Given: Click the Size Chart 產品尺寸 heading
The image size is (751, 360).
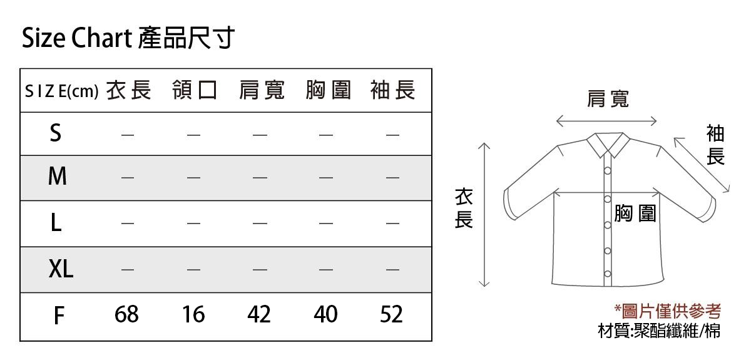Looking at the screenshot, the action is [x=128, y=38].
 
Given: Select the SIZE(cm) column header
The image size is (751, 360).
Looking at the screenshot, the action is [x=62, y=91].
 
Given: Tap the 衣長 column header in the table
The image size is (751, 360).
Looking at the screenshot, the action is [x=129, y=90].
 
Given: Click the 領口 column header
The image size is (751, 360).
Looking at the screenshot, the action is [x=195, y=90].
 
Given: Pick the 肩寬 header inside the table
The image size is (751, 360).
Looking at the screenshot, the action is [x=262, y=90].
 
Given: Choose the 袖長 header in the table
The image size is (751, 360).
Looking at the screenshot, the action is [x=393, y=90].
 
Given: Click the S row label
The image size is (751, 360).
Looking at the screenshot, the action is [x=56, y=133].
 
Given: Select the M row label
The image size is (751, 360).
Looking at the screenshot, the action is [x=58, y=176].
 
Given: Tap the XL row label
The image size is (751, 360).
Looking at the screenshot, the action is [x=61, y=269].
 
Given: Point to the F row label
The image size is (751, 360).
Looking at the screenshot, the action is [x=59, y=316].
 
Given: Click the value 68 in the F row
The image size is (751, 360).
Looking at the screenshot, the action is [x=126, y=314].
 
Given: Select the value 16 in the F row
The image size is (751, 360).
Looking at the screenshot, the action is [x=193, y=314].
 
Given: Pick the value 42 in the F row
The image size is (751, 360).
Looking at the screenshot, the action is [x=259, y=314].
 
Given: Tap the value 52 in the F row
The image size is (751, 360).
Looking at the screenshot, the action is [x=391, y=314].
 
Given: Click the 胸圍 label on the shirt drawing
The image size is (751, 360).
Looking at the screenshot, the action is [x=635, y=213].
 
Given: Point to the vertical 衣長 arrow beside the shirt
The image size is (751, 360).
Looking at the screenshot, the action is [x=484, y=215].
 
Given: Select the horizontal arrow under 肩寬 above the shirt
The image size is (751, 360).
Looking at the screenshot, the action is [x=606, y=121].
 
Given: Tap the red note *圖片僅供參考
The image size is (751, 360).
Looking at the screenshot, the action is [x=668, y=311].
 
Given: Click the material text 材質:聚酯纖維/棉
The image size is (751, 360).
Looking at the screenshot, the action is [x=659, y=331].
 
